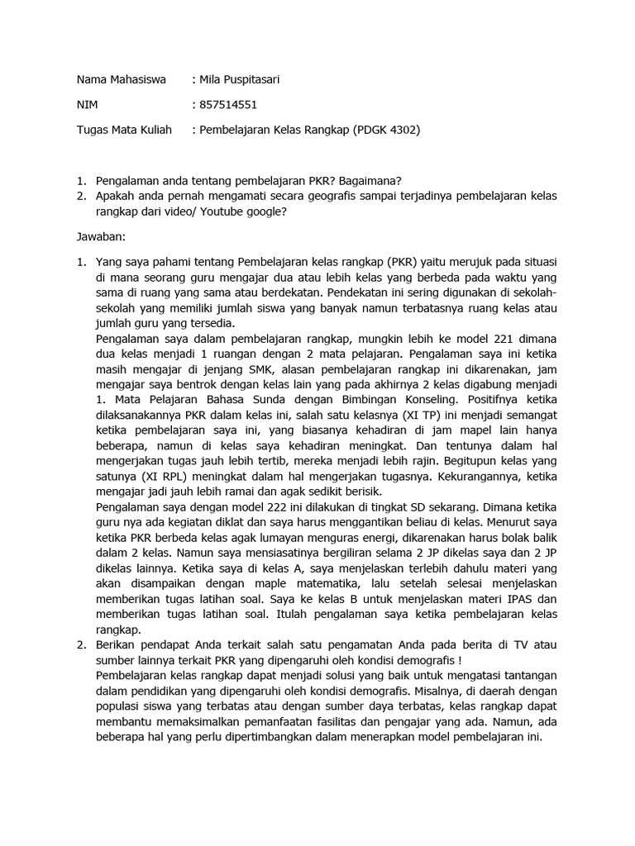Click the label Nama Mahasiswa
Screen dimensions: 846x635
(x=121, y=80)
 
